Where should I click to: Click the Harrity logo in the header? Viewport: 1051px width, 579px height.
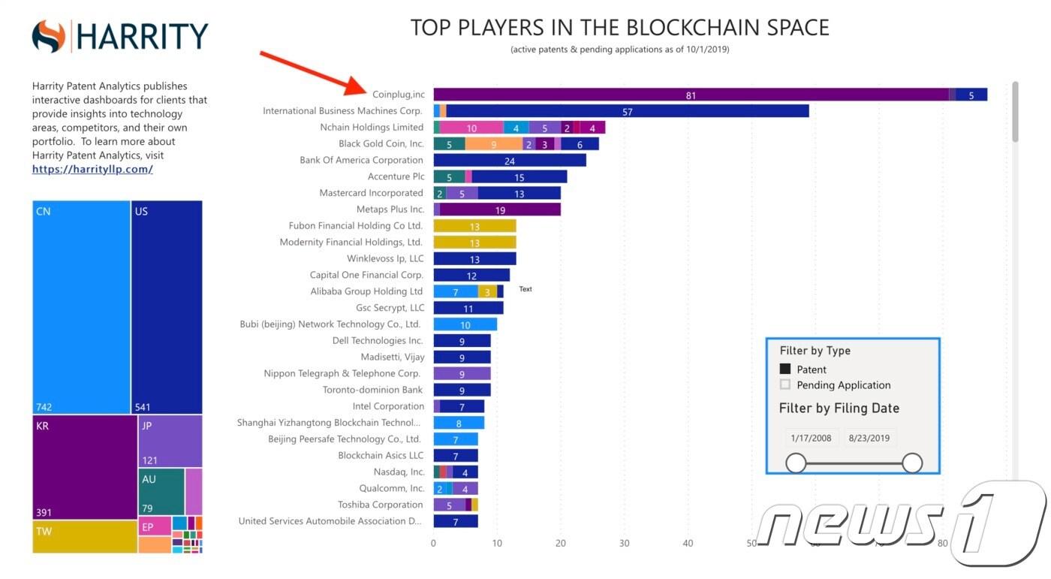pyautogui.click(x=120, y=36)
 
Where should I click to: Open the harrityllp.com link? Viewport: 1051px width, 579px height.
pyautogui.click(x=92, y=169)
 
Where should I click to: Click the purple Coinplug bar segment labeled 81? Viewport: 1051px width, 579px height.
pyautogui.click(x=691, y=95)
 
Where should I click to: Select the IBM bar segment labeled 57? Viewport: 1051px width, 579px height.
pyautogui.click(x=628, y=111)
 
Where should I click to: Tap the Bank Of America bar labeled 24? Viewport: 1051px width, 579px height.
pyautogui.click(x=510, y=160)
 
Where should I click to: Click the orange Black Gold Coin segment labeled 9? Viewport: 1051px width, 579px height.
pyautogui.click(x=493, y=143)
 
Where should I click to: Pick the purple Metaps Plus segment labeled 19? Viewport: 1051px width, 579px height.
pyautogui.click(x=501, y=210)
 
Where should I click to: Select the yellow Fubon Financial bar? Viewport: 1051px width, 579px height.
pyautogui.click(x=474, y=226)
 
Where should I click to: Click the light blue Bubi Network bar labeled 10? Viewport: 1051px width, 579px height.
pyautogui.click(x=465, y=324)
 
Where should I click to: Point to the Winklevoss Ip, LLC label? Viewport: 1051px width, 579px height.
pyautogui.click(x=385, y=259)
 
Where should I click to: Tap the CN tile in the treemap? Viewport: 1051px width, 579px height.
pyautogui.click(x=81, y=306)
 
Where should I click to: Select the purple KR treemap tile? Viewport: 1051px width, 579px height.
pyautogui.click(x=84, y=466)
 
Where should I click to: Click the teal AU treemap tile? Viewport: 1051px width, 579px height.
pyautogui.click(x=161, y=491)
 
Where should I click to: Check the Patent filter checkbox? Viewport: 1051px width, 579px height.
pyautogui.click(x=785, y=369)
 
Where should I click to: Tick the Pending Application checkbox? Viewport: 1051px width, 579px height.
pyautogui.click(x=785, y=384)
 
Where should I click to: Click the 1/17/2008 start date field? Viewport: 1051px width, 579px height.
pyautogui.click(x=812, y=438)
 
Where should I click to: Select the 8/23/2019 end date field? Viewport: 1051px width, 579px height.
pyautogui.click(x=869, y=438)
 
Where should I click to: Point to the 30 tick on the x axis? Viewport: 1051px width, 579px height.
pyautogui.click(x=624, y=542)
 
